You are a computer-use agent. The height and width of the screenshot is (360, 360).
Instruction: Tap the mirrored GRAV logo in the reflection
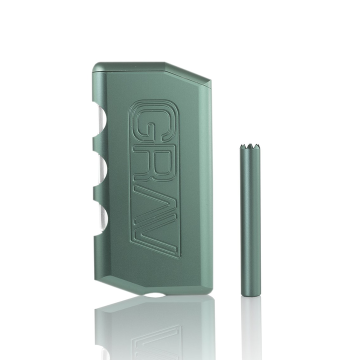coord(155,340)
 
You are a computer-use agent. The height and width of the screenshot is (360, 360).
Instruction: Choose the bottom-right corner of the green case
coord(210,292)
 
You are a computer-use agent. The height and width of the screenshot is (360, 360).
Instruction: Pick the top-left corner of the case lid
coord(94,64)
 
